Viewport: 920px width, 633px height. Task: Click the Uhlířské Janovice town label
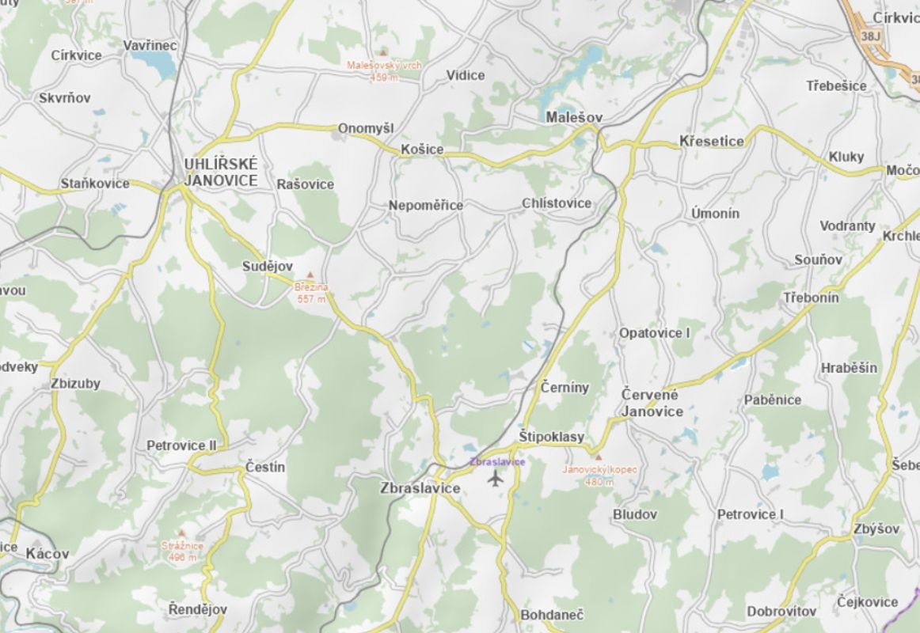pos(220,172)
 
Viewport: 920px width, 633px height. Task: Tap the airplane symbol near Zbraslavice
pos(496,478)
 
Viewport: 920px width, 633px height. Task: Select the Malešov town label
pos(575,117)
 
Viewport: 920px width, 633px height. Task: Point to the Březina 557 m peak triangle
pos(310,275)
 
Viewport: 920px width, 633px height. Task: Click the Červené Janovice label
pos(652,403)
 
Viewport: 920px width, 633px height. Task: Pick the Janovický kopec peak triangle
pos(599,457)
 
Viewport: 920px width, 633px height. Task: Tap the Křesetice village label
pos(712,142)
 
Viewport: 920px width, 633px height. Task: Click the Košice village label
pos(422,150)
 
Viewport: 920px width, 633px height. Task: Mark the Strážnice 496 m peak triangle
pos(182,534)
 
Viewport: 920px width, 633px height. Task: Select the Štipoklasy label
pos(552,437)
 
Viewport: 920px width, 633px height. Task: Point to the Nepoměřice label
pos(426,206)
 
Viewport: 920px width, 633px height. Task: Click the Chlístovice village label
pos(557,203)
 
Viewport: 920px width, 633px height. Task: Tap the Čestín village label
pos(265,467)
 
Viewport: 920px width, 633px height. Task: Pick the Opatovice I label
pos(655,333)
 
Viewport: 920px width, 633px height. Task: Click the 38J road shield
pos(872,36)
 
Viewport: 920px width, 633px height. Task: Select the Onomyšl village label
pos(366,128)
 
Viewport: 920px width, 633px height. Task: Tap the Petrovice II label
pos(181,445)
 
